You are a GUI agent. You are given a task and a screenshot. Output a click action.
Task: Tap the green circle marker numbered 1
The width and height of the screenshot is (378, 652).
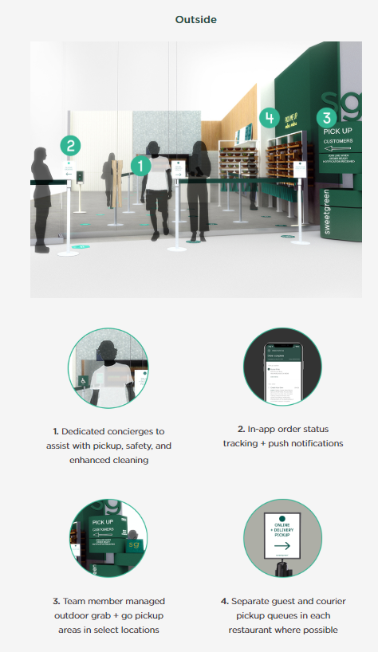140,166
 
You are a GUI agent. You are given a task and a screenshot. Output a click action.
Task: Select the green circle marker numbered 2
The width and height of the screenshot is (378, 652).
71,146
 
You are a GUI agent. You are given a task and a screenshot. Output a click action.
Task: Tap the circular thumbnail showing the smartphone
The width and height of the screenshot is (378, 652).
283,370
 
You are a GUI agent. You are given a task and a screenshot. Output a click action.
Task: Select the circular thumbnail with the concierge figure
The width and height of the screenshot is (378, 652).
108,370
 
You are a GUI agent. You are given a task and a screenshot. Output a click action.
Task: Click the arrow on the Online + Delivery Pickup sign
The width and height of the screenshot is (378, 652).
282,544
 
